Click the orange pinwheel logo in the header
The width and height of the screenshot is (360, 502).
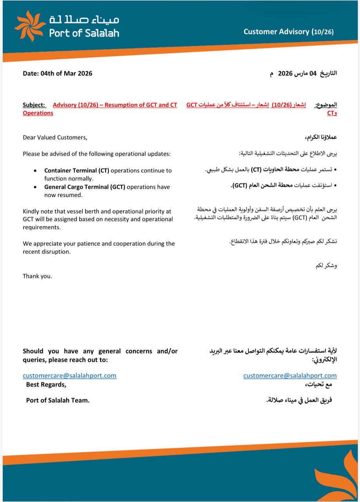30,26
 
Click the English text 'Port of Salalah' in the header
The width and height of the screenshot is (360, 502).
84,33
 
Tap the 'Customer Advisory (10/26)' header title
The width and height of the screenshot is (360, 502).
288,32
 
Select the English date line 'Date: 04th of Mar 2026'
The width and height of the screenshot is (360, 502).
58,73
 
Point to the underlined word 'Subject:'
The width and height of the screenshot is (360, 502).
34,105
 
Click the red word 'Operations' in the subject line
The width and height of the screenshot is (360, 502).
38,113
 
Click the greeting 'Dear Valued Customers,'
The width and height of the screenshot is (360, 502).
55,137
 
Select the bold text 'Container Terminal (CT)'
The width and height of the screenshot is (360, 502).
76,171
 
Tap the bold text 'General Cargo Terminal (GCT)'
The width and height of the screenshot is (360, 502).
85,187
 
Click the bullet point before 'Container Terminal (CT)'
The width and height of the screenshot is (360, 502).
36,171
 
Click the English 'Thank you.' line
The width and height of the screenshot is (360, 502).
37,276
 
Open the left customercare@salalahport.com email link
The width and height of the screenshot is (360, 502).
69,375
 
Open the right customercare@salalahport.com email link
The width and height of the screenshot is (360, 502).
290,375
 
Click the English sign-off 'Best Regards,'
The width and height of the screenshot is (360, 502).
46,385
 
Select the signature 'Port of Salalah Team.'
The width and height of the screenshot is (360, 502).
58,400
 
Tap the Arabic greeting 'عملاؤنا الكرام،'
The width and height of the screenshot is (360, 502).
320,138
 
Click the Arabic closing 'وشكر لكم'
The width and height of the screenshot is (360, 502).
326,266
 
